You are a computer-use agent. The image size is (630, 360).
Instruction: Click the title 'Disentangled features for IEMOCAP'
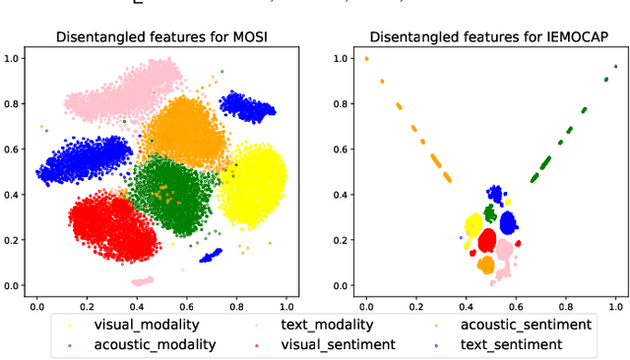[489, 38]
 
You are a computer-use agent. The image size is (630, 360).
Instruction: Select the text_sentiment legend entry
[512, 344]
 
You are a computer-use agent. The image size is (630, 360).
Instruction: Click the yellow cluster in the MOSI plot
[252, 183]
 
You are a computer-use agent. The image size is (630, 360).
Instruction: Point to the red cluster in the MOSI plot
[110, 228]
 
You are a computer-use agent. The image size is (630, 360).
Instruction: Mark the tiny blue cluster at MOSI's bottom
[211, 257]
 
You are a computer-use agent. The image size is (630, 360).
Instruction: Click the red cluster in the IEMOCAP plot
[487, 241]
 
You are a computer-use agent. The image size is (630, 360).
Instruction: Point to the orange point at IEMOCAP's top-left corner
[367, 58]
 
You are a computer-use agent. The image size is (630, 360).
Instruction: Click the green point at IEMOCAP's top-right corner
[615, 67]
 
